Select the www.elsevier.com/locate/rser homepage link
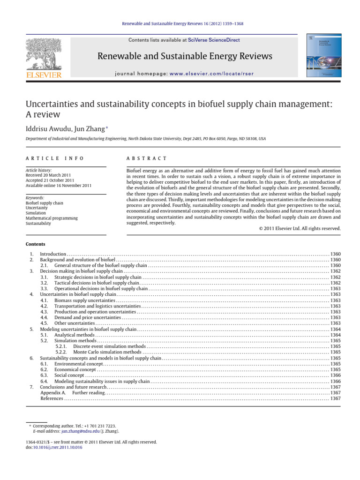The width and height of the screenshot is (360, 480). click(x=209, y=74)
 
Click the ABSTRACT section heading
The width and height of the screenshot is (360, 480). click(x=147, y=159)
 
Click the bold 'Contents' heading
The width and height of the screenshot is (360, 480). click(x=36, y=244)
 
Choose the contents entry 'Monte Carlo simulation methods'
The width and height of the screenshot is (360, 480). click(x=107, y=352)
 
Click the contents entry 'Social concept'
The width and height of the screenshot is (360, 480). click(x=69, y=375)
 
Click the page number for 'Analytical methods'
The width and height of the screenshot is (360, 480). click(x=335, y=335)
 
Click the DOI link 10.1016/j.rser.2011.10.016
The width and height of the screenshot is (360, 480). click(x=59, y=447)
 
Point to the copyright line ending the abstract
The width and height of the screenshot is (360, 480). click(x=300, y=228)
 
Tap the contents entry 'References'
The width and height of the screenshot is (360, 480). click(x=52, y=398)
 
